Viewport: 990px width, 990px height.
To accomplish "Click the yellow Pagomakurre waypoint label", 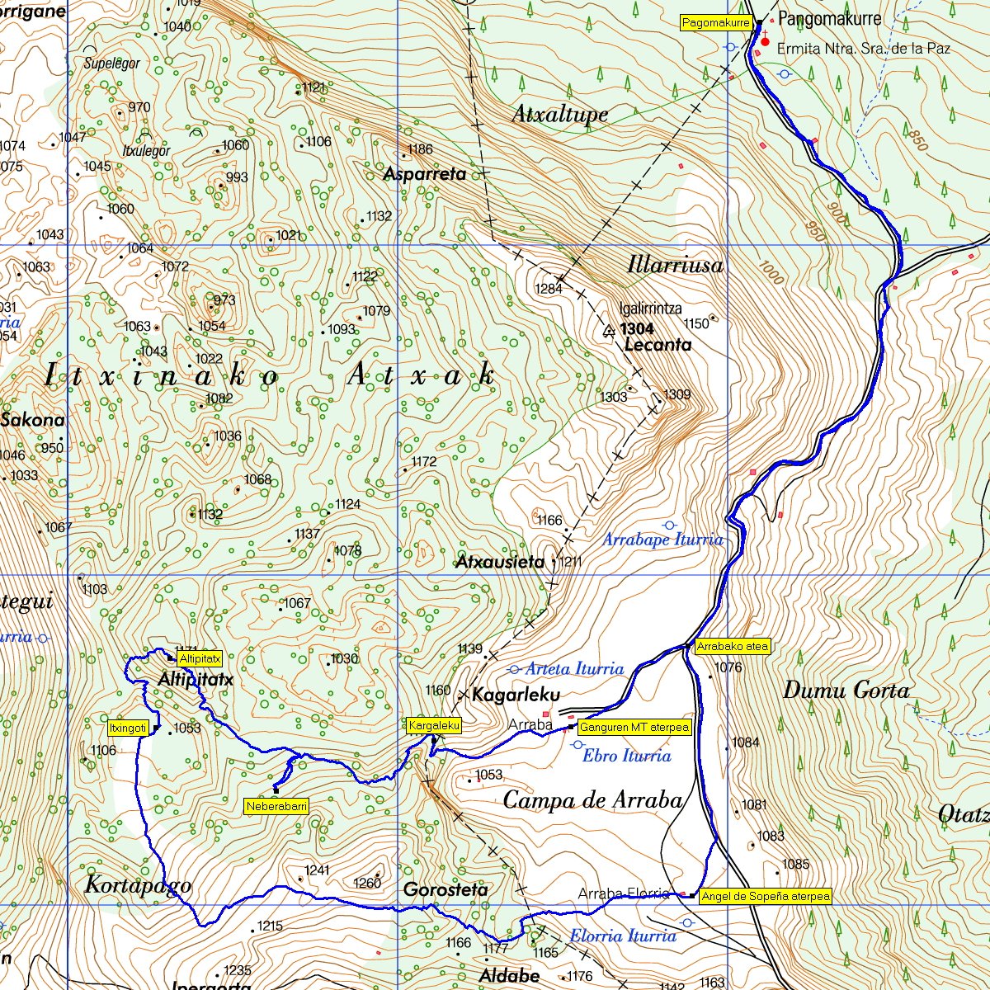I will [715, 23].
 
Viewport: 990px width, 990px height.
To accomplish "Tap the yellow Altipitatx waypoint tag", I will [199, 659].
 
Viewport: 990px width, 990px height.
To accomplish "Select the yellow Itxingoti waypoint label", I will [128, 728].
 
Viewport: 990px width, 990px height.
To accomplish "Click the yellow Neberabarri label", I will [276, 806].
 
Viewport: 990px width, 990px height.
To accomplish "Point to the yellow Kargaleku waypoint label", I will [434, 726].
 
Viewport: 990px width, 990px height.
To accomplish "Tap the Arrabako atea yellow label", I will [733, 647].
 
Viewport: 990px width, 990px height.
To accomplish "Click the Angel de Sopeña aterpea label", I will [765, 896].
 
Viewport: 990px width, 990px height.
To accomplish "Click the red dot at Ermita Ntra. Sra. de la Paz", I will [765, 41].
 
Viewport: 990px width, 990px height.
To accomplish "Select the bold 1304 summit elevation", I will [639, 328].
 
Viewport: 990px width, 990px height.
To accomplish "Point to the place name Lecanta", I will [658, 345].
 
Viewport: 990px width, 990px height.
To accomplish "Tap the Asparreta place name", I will [425, 174].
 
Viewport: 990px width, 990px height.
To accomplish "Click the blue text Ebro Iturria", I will [626, 756].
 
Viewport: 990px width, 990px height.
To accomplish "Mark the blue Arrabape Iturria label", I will [662, 540].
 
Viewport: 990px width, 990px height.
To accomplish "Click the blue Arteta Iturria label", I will [574, 668].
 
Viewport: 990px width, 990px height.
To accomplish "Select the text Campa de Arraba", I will [592, 799].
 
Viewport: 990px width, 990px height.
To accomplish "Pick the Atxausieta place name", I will [500, 563].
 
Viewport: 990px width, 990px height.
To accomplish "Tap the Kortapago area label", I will [138, 885].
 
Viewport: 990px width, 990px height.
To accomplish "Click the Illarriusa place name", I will [675, 265].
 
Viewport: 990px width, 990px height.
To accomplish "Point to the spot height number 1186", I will [420, 149].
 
